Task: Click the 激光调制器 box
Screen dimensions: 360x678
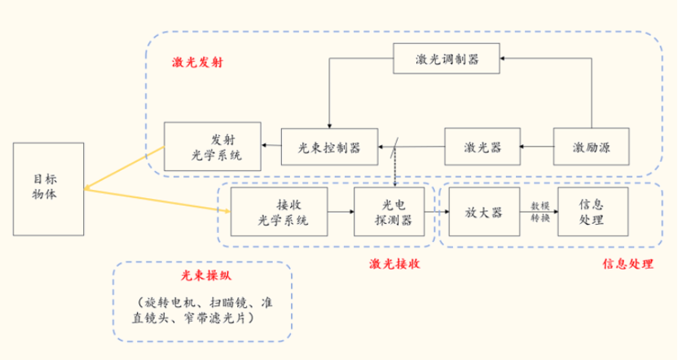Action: coord(446,59)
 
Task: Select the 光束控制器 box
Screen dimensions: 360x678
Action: coord(319,147)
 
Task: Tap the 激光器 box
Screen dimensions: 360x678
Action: coord(482,147)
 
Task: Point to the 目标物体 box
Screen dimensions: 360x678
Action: coord(48,187)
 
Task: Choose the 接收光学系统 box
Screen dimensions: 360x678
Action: coord(280,212)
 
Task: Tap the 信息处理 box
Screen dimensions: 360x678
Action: coord(592,212)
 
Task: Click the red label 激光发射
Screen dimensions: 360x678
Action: coord(197,63)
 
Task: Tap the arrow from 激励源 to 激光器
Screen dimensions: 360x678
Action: coord(537,147)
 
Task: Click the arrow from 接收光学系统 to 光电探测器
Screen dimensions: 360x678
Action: coord(341,212)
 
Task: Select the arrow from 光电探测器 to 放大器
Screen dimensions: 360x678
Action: coord(442,212)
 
